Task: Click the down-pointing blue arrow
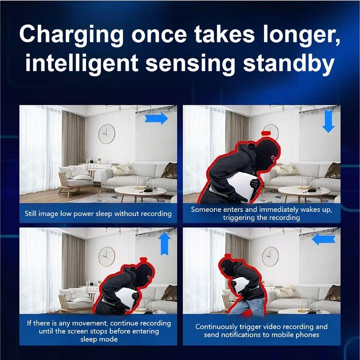pyautogui.click(x=329, y=121)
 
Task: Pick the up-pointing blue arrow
pyautogui.click(x=165, y=244)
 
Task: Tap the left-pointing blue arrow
pyautogui.click(x=324, y=239)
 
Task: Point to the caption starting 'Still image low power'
pyautogui.click(x=98, y=214)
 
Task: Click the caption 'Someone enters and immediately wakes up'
pyautogui.click(x=261, y=214)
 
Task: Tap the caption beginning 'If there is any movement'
pyautogui.click(x=98, y=331)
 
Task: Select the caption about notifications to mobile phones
pyautogui.click(x=261, y=331)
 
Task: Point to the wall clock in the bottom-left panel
pyautogui.click(x=107, y=256)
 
